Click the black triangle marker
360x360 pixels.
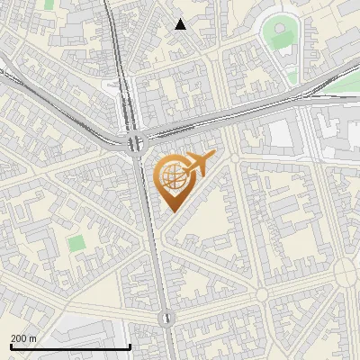[181, 24]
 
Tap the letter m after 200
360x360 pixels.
[33, 338]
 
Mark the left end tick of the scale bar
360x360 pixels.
[11, 346]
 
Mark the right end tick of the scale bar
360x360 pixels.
[130, 346]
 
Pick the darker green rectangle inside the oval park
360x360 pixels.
[279, 37]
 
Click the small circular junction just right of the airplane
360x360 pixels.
[235, 158]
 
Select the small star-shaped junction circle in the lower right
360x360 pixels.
[262, 293]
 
